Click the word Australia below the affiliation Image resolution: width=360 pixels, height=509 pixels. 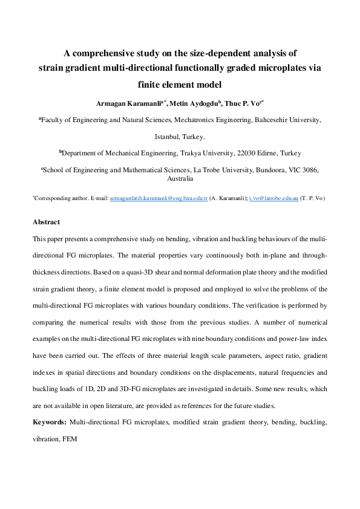[180, 179]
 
